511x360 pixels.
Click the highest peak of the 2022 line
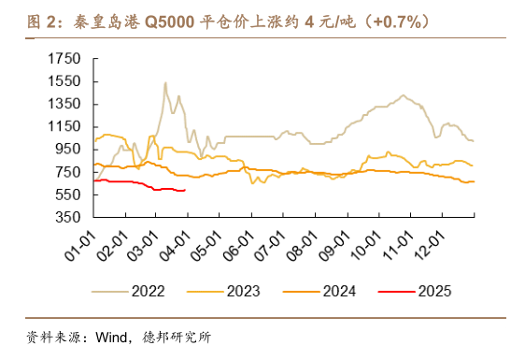(x=165, y=83)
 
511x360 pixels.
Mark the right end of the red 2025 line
(x=186, y=190)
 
